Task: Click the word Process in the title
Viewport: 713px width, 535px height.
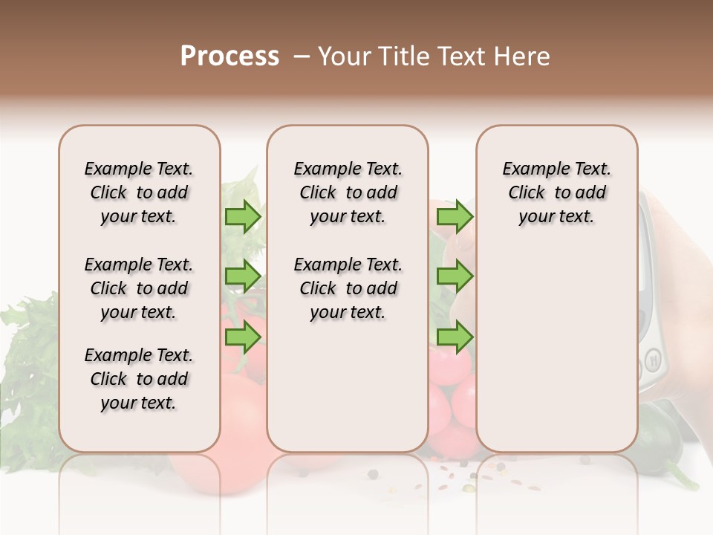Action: coord(229,56)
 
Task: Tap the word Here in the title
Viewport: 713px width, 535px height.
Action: coord(523,56)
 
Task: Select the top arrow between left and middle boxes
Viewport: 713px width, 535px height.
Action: coord(242,217)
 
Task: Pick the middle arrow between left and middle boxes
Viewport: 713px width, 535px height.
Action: coord(242,276)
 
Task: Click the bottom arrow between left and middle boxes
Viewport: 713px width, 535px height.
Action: coord(242,337)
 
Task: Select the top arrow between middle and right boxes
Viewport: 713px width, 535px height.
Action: coord(455,217)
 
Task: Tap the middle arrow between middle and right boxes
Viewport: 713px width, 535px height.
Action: coord(455,276)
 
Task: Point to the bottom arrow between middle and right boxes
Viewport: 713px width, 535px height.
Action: coord(455,337)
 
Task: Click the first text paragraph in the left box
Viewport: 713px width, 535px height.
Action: coord(139,192)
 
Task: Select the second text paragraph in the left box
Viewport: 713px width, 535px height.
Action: coord(139,288)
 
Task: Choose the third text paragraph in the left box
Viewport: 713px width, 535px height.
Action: coord(139,379)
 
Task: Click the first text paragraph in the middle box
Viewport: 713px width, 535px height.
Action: coord(348,192)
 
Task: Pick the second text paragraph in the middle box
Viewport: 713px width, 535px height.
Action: coord(348,288)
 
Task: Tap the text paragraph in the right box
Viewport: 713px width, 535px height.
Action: coord(556,192)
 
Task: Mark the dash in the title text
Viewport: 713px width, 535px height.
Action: coord(302,56)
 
